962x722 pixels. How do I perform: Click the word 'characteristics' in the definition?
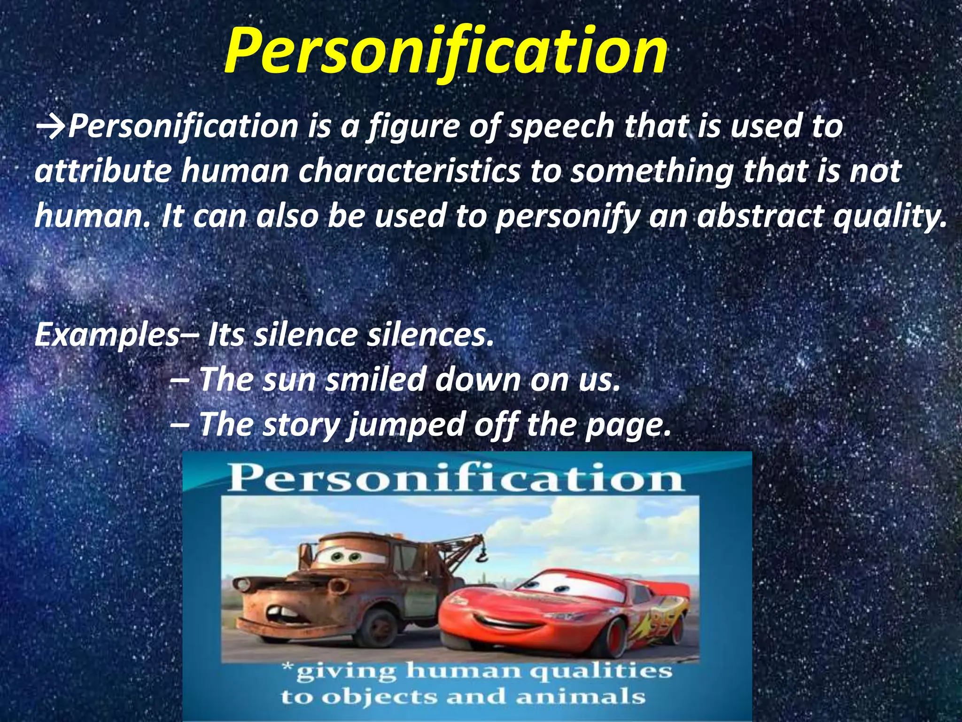(x=409, y=172)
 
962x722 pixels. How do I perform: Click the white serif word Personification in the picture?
(x=455, y=479)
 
